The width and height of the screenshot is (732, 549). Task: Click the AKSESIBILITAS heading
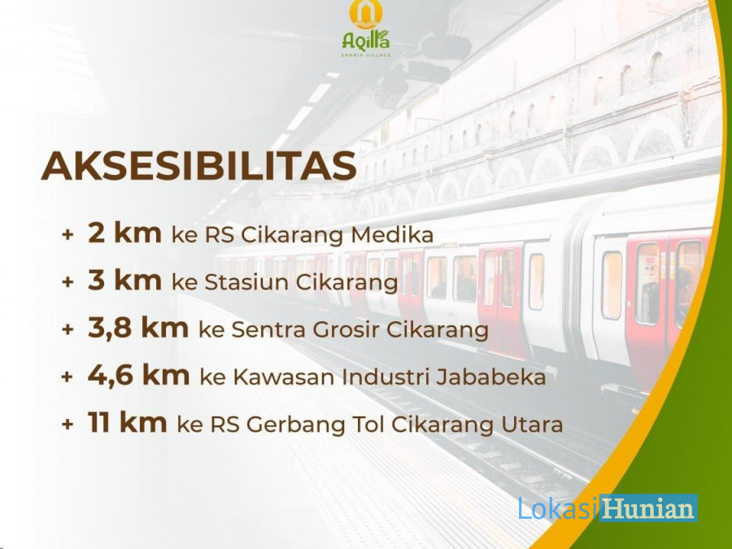click(x=199, y=166)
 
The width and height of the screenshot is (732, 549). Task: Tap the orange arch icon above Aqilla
click(x=366, y=12)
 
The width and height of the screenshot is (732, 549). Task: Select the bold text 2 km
click(x=124, y=233)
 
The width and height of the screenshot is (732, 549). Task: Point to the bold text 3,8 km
click(x=138, y=328)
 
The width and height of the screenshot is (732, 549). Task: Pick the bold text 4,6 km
click(x=138, y=375)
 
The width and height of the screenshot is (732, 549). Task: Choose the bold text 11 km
click(x=127, y=422)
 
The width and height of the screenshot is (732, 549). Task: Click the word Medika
click(x=392, y=235)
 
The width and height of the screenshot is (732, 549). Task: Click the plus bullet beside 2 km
click(x=68, y=234)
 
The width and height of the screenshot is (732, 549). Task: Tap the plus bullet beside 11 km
click(x=68, y=425)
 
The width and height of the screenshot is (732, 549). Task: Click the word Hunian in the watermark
click(x=648, y=508)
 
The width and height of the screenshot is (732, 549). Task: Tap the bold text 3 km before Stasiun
click(x=124, y=280)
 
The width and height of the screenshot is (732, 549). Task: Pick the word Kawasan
click(x=284, y=377)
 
